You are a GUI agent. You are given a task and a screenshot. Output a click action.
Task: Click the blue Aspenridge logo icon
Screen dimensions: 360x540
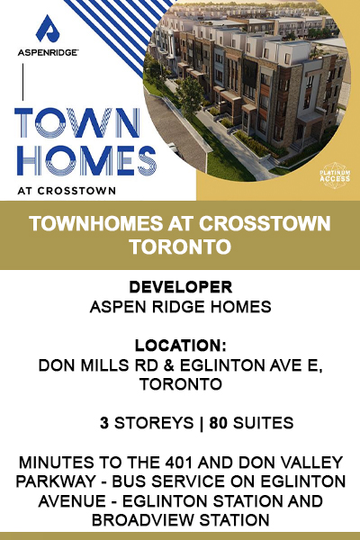coord(48,29)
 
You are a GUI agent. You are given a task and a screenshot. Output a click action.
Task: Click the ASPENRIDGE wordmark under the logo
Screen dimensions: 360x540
coord(48,53)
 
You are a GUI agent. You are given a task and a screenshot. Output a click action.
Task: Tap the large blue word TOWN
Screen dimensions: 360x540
coord(77,123)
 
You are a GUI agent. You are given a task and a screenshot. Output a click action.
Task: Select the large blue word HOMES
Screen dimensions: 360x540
coord(86,160)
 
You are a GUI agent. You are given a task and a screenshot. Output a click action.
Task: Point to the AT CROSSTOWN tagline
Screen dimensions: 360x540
coord(67,191)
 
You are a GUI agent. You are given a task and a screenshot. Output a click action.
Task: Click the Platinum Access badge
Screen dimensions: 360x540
coord(335,176)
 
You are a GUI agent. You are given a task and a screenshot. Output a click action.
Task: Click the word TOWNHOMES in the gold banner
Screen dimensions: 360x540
coord(95,223)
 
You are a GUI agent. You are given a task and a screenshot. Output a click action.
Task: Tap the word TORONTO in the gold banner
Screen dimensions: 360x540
coord(180,246)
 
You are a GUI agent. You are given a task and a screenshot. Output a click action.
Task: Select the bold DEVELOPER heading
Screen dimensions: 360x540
coord(181,287)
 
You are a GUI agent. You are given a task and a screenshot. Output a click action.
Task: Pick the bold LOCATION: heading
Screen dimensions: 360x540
coord(181,346)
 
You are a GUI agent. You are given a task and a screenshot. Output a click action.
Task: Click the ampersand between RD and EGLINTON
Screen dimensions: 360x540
coord(168,365)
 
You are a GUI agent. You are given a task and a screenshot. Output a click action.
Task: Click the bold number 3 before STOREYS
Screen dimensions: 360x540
coord(104,423)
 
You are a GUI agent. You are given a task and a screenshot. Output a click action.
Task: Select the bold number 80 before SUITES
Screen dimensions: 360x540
coord(219,423)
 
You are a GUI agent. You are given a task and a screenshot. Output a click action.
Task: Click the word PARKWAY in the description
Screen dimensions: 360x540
coord(56,481)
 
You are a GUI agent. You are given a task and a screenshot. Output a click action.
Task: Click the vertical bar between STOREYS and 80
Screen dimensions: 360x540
coord(202,423)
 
